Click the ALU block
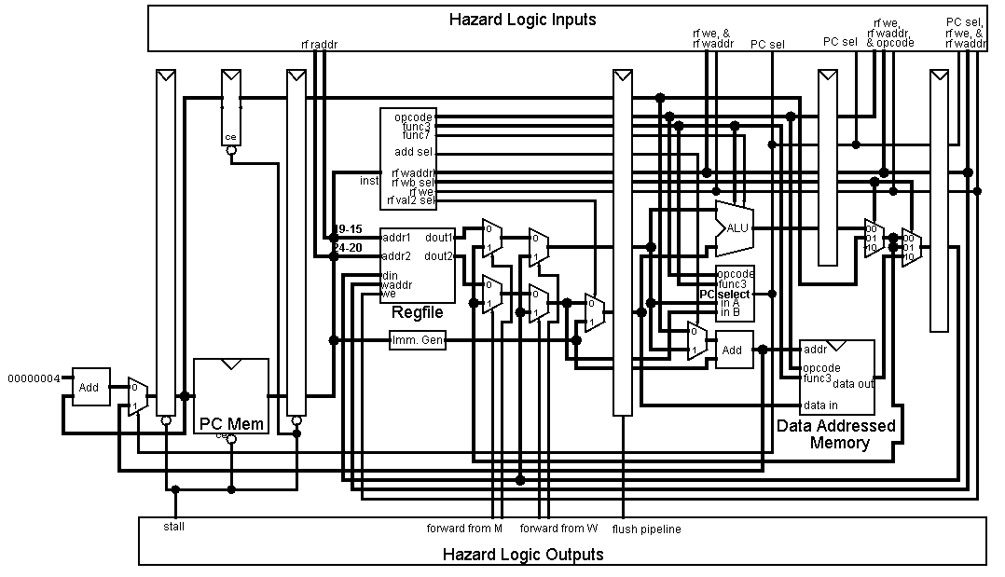(736, 227)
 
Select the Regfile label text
(417, 312)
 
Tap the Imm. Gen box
(417, 342)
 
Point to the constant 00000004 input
(34, 378)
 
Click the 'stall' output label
(174, 527)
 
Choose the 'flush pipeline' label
(646, 529)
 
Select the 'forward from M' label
(464, 529)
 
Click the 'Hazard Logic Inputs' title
(522, 20)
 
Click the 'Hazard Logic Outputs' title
(523, 555)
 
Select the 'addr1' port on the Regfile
(397, 238)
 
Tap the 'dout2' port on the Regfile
(438, 255)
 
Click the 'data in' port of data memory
(819, 405)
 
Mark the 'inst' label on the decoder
(369, 181)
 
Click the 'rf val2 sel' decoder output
(413, 199)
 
